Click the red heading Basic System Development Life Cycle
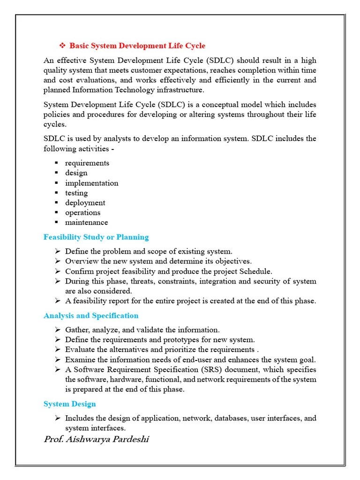[x=137, y=46]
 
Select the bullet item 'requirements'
[x=87, y=163]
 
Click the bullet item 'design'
[x=76, y=173]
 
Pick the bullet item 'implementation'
[x=91, y=183]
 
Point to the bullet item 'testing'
[x=76, y=193]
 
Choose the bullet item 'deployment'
[x=85, y=202]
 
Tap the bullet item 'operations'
[x=82, y=212]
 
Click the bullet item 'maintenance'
[x=86, y=222]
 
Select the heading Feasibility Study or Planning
[x=96, y=237]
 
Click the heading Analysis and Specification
[x=91, y=315]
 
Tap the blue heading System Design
[x=69, y=404]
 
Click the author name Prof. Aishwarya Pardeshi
[x=96, y=439]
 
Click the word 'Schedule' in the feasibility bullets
[x=256, y=271]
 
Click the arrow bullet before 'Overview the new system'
[x=57, y=261]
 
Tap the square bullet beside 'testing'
[x=56, y=193]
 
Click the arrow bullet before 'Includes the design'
[x=57, y=418]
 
